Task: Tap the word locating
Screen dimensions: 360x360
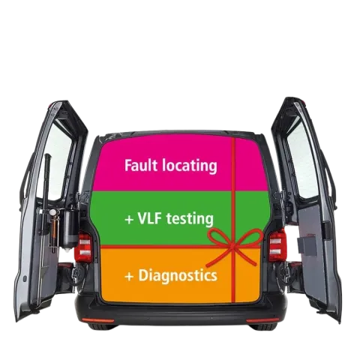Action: (190, 166)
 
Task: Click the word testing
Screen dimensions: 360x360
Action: (190, 219)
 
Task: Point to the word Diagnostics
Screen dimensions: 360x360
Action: (178, 275)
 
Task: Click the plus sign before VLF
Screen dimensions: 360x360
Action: (129, 220)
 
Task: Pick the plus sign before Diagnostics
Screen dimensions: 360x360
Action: (129, 277)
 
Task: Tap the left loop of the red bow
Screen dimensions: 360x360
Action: (220, 237)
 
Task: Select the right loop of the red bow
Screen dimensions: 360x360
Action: (250, 237)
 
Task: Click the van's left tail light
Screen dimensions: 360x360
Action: (85, 247)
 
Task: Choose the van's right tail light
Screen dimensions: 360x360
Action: (277, 246)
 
